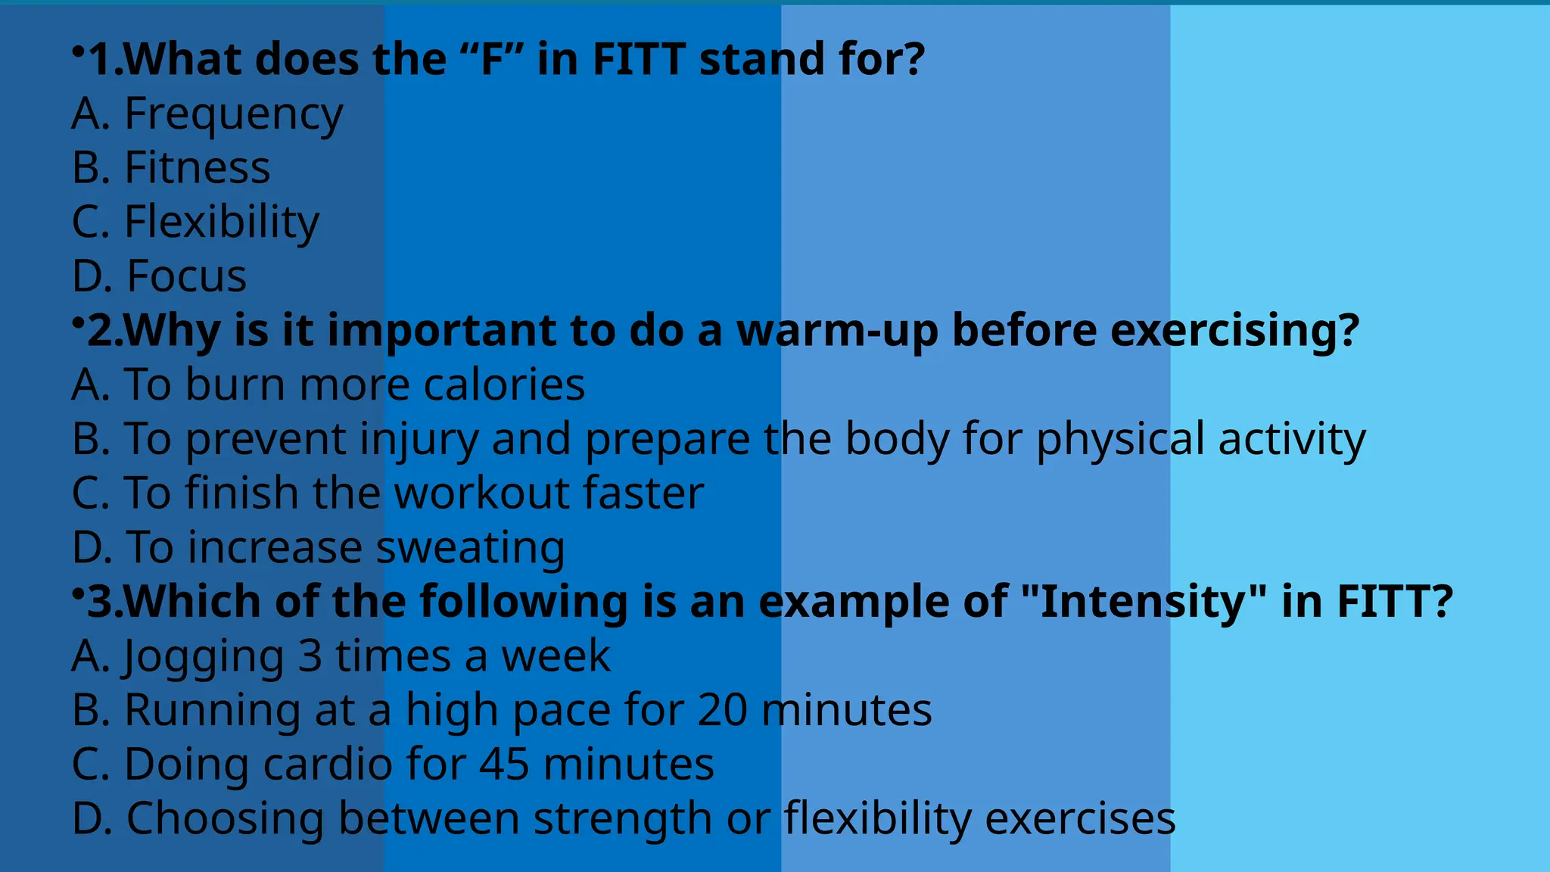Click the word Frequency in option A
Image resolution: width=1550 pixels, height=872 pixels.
pyautogui.click(x=233, y=114)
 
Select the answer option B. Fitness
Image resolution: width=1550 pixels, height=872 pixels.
pyautogui.click(x=171, y=167)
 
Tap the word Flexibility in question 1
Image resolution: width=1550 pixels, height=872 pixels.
pyautogui.click(x=222, y=222)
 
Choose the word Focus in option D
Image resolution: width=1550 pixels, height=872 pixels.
pyautogui.click(x=186, y=276)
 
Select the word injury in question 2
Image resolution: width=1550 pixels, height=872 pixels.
pyautogui.click(x=419, y=440)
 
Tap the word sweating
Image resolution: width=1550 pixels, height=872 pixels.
pyautogui.click(x=471, y=547)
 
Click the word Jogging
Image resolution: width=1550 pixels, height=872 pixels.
pyautogui.click(x=204, y=656)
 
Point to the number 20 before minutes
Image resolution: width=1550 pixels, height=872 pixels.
pyautogui.click(x=722, y=710)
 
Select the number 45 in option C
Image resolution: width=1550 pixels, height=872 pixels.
pyautogui.click(x=504, y=764)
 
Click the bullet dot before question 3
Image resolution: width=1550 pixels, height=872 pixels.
pyautogui.click(x=78, y=593)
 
